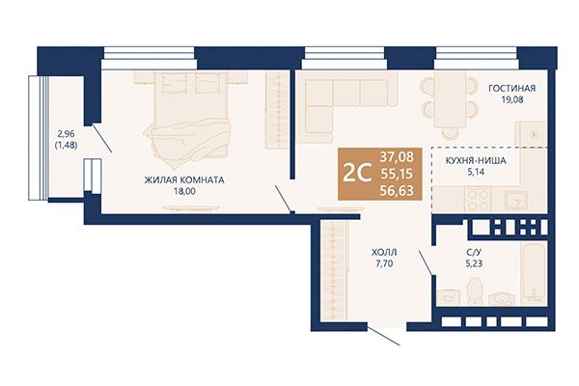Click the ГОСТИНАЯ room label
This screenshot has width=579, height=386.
pyautogui.click(x=511, y=88)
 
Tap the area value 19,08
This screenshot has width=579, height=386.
pyautogui.click(x=512, y=99)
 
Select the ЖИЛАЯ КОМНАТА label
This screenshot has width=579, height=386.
pyautogui.click(x=184, y=180)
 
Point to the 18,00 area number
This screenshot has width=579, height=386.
pyautogui.click(x=184, y=191)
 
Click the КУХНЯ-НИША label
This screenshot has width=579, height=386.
pyautogui.click(x=476, y=161)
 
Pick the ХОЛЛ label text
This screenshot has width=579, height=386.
pyautogui.click(x=384, y=253)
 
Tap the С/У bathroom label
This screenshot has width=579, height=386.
pyautogui.click(x=474, y=253)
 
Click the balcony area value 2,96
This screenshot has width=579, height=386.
pyautogui.click(x=66, y=134)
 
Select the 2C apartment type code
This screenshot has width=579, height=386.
pyautogui.click(x=357, y=173)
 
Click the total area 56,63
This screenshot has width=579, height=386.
pyautogui.click(x=397, y=191)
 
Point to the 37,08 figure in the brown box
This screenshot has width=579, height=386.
pyautogui.click(x=397, y=156)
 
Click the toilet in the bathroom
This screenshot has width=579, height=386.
pyautogui.click(x=475, y=291)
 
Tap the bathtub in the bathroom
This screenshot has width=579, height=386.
pyautogui.click(x=534, y=271)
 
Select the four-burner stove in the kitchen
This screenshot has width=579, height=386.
pyautogui.click(x=479, y=199)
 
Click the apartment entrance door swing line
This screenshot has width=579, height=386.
pyautogui.click(x=384, y=336)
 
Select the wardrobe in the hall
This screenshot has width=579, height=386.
pyautogui.click(x=334, y=270)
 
